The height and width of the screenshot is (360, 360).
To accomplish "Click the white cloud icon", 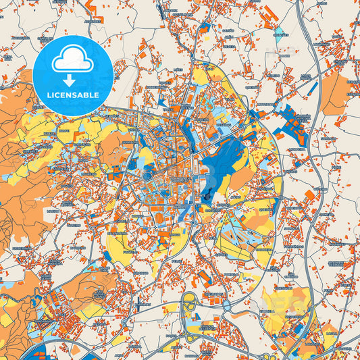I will pyautogui.click(x=73, y=60).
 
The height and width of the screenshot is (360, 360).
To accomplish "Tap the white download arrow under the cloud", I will pyautogui.click(x=73, y=80).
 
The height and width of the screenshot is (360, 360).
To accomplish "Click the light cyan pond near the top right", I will pyautogui.click(x=288, y=49).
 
